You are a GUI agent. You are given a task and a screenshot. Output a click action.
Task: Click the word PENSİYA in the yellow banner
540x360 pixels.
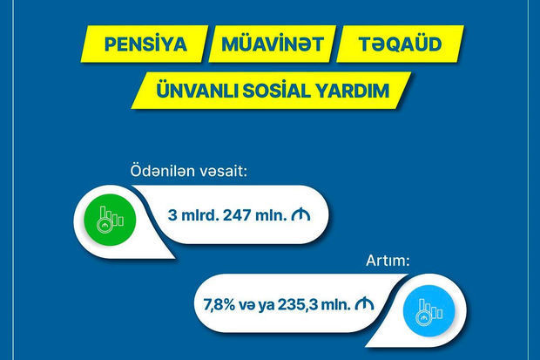pos(145,44)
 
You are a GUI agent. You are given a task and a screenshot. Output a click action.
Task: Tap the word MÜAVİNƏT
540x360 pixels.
pos(273,44)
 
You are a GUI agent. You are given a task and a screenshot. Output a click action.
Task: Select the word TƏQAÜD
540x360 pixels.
pos(400,44)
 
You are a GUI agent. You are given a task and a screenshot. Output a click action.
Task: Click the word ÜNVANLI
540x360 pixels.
pos(198,91)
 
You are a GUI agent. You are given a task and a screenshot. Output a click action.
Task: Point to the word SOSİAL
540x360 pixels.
pos(277,91)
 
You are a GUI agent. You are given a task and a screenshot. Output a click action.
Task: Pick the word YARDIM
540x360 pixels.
pos(353,91)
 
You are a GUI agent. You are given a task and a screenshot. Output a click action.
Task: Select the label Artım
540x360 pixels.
pos(388,261)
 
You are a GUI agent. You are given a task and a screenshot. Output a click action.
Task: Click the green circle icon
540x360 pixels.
pos(111,220)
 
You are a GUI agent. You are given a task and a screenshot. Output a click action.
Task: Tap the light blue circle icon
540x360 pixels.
pos(429,311)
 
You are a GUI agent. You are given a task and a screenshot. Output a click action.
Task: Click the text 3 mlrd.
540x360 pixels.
pos(193,215)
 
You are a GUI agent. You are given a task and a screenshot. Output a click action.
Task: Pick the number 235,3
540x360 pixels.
pos(296,305)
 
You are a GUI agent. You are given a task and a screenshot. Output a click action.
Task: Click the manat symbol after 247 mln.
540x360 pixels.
pos(300,214)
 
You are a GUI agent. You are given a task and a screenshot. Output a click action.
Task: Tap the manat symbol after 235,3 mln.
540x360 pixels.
pos(364,304)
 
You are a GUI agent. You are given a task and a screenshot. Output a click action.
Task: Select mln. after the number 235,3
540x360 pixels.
pos(334,305)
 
